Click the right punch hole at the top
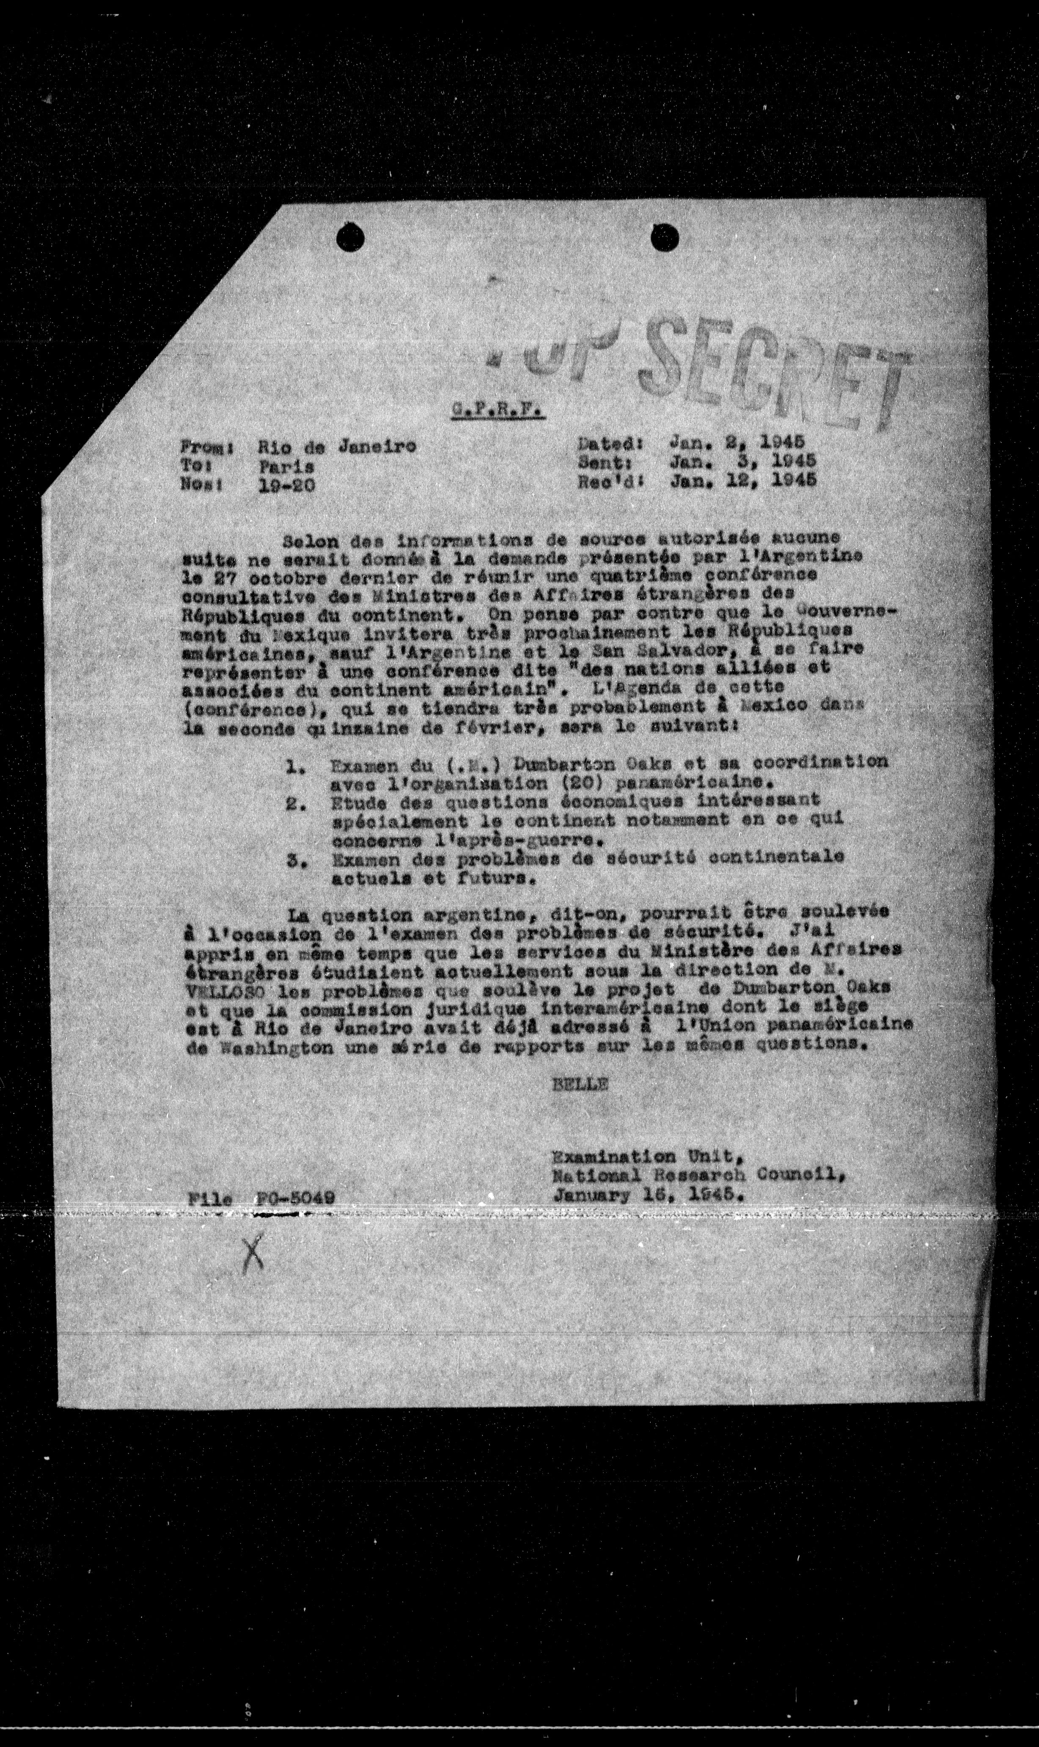(x=665, y=237)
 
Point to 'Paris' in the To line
(x=285, y=466)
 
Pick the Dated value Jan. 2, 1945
(x=737, y=443)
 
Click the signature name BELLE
(x=580, y=1083)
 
